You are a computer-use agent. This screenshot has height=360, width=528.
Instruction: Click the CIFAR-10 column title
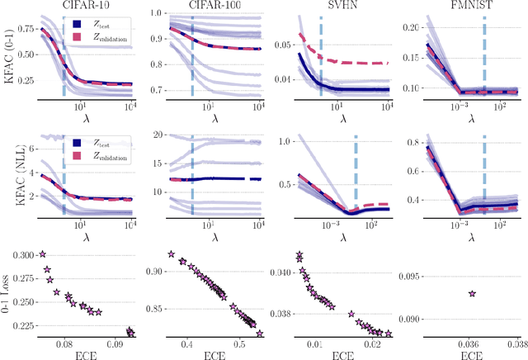[x=82, y=6]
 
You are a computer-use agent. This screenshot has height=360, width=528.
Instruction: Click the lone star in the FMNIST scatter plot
[x=471, y=293]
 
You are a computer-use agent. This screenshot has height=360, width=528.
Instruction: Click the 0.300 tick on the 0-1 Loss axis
[x=23, y=255]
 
